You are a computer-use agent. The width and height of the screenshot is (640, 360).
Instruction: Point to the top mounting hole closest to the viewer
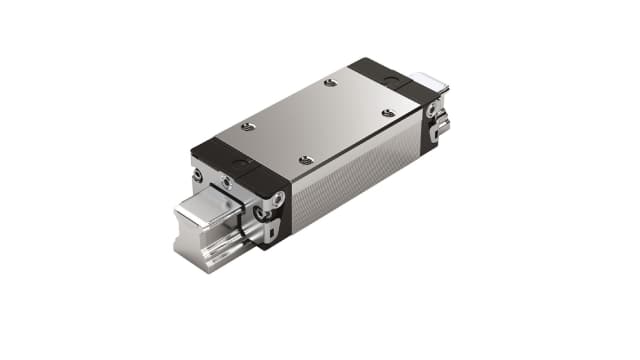coord(306,160)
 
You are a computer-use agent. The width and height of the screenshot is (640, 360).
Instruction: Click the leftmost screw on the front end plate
coord(198,176)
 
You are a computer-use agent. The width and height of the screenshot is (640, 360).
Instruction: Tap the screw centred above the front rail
coord(227,183)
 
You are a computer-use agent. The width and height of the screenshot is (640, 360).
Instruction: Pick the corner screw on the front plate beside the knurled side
coord(276,198)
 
